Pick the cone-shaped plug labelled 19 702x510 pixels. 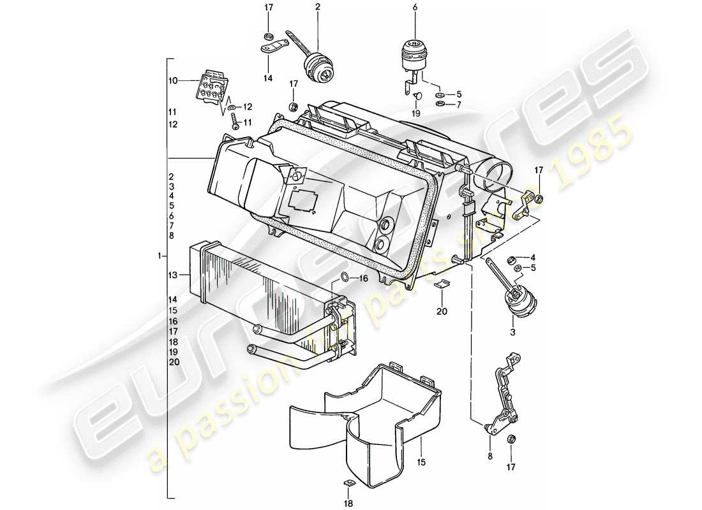tap(417, 96)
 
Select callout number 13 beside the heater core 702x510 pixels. tap(172, 275)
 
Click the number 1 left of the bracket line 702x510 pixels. tap(158, 256)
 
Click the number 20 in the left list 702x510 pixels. tap(174, 361)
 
